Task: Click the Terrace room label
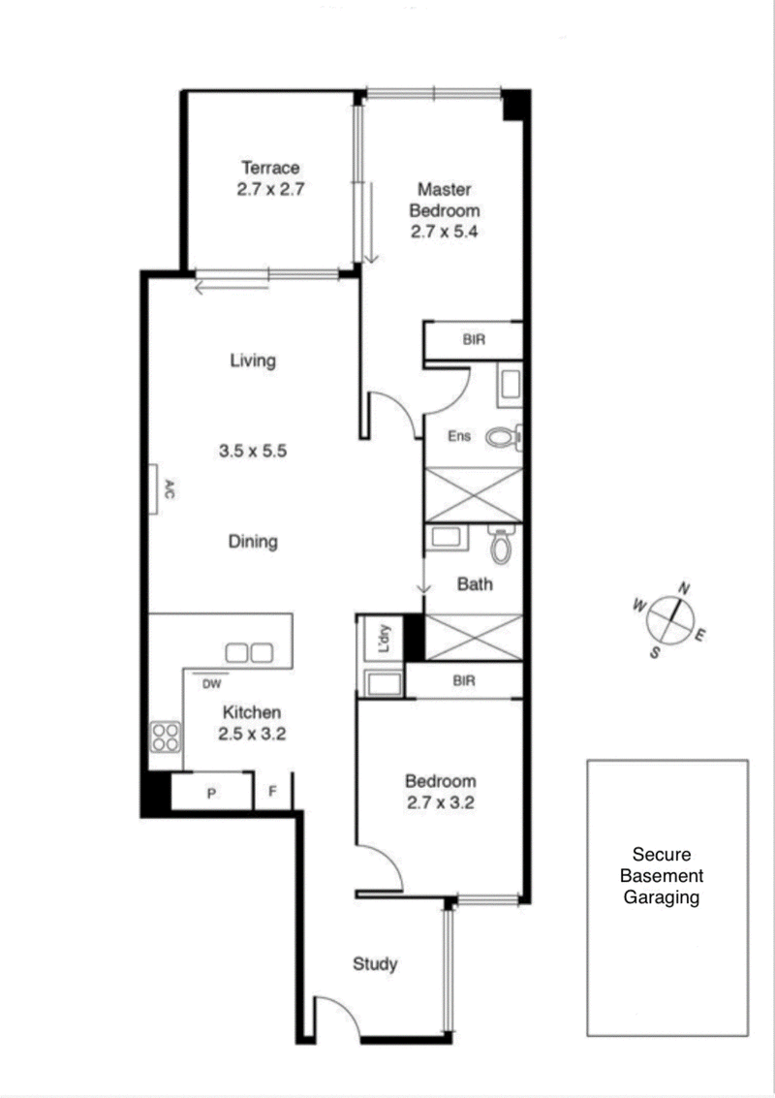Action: tap(270, 167)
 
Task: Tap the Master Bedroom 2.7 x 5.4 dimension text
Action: tap(446, 233)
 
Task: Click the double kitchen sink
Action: tap(248, 653)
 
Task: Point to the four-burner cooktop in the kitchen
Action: tap(165, 737)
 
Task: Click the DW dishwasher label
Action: tap(212, 683)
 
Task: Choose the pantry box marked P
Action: tap(211, 793)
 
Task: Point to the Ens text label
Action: tap(458, 437)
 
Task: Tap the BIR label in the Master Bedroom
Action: tap(474, 340)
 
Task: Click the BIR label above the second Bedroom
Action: tap(464, 681)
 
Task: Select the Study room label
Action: tap(375, 964)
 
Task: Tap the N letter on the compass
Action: tap(683, 587)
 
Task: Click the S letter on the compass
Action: tap(655, 652)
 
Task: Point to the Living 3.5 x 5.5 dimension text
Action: tap(255, 451)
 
